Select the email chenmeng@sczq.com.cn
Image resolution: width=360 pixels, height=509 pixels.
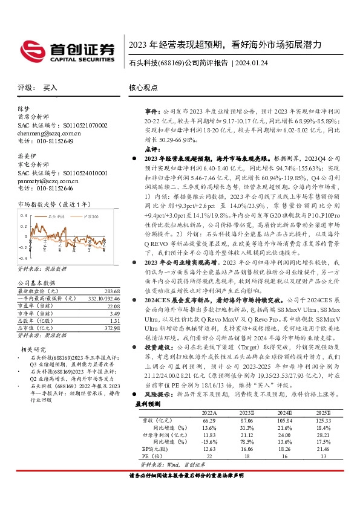(x=48, y=132)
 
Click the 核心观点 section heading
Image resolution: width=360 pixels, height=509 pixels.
(x=144, y=88)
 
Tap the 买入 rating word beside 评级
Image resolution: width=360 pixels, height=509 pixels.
(x=50, y=88)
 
